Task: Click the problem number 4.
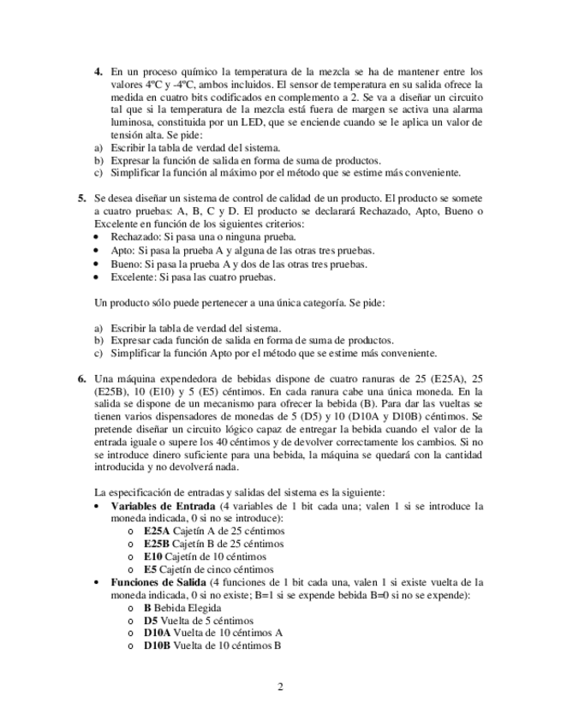(x=97, y=72)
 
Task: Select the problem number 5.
(x=82, y=199)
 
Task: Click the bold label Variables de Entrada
(x=164, y=506)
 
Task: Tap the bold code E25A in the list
(x=158, y=531)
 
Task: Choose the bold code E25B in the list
(x=158, y=543)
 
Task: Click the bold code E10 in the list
(x=153, y=556)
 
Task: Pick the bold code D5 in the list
(x=151, y=620)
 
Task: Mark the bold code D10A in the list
(x=157, y=633)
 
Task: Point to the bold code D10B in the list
(x=157, y=646)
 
